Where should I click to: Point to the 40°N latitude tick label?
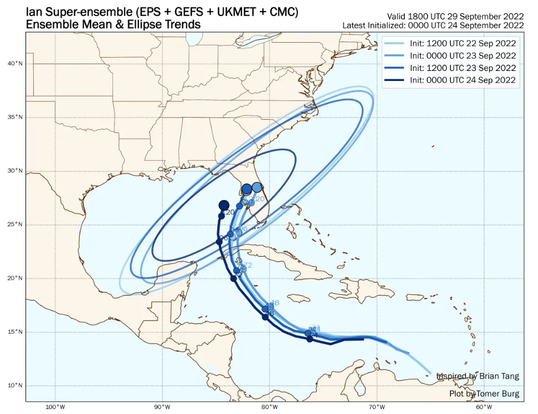(15, 64)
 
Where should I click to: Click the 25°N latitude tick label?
(15, 225)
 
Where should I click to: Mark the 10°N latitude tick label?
(15, 386)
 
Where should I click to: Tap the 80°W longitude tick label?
(270, 407)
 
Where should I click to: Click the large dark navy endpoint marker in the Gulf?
(224, 206)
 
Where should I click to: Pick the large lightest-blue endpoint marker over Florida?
(257, 187)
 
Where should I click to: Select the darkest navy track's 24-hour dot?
(310, 339)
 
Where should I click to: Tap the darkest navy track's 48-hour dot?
(266, 317)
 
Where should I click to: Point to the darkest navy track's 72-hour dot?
(233, 279)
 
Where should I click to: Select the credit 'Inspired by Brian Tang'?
(478, 376)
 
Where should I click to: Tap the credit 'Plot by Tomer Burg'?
(484, 394)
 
